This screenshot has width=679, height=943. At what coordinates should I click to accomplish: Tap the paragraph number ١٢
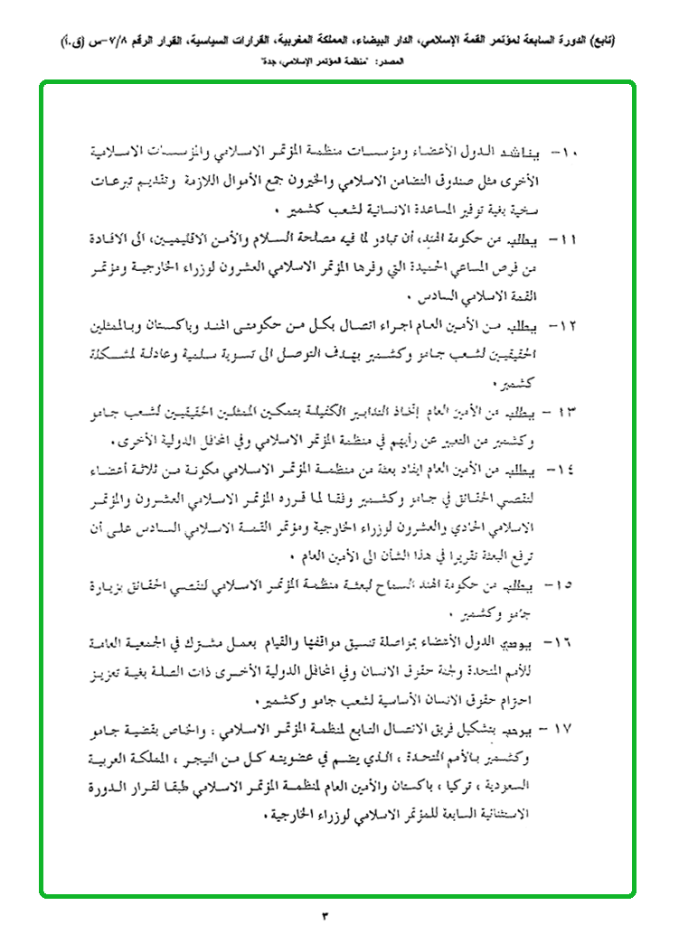point(571,323)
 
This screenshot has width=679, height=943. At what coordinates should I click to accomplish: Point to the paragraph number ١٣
point(570,412)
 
